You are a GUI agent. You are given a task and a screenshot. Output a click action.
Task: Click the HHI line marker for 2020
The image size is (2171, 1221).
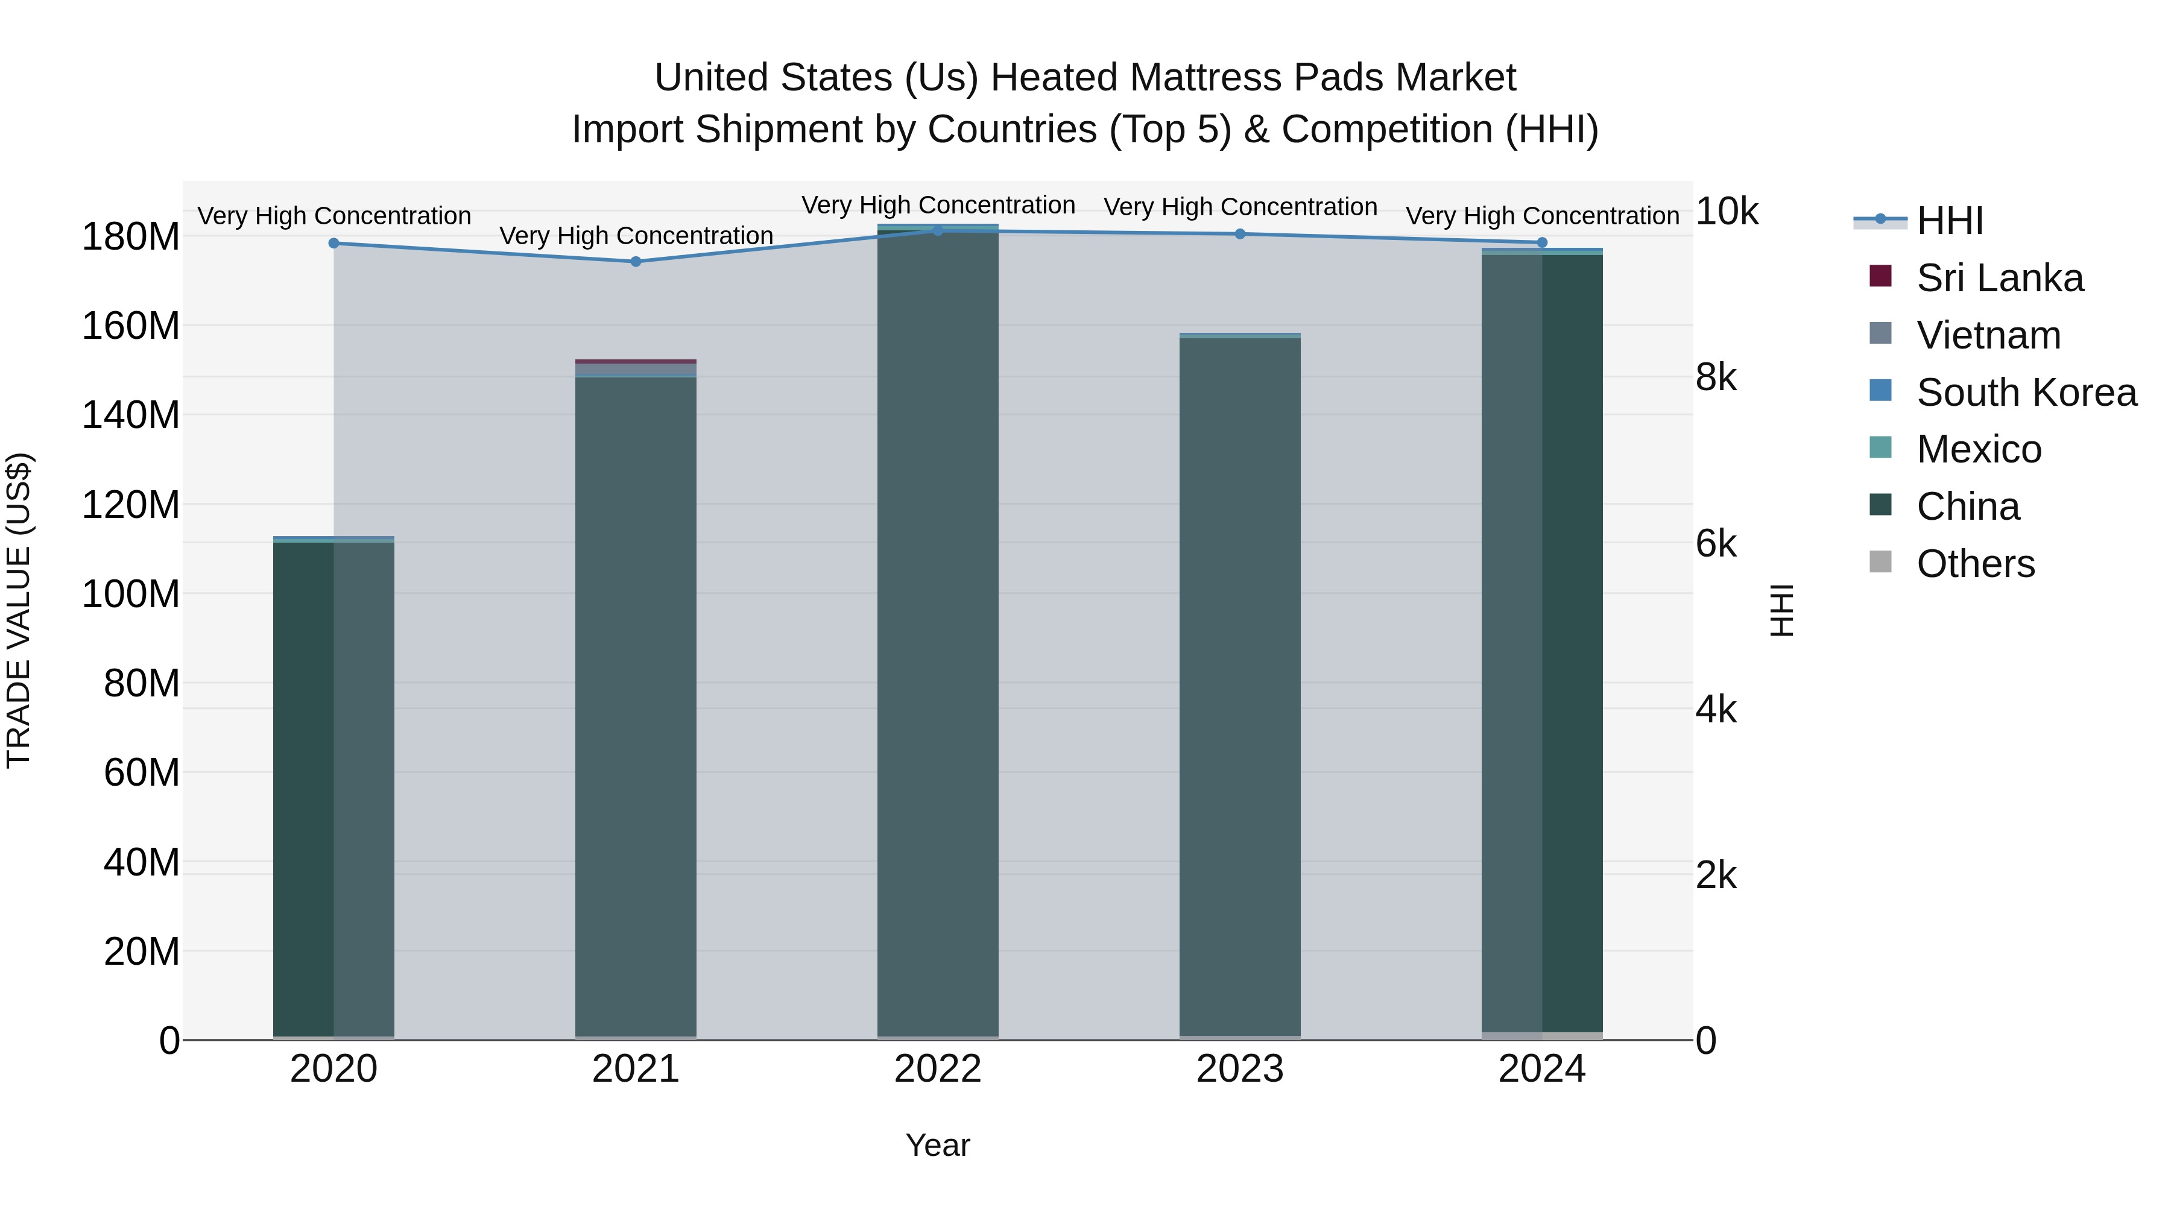pos(333,244)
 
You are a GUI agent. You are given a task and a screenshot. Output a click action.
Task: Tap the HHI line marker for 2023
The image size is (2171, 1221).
pos(1240,235)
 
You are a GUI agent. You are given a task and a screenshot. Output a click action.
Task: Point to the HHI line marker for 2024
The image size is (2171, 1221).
pos(1542,242)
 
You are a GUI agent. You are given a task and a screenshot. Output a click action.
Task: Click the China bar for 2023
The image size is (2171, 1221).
pos(1240,687)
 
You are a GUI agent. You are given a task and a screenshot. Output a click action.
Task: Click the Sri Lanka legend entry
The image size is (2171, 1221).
pos(1999,278)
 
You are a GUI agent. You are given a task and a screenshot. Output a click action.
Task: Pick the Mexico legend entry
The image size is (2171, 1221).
pos(1978,449)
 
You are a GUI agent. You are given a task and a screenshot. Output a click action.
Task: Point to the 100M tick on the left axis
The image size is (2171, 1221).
pos(131,594)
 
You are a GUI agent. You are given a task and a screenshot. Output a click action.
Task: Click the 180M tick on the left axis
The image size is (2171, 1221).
pos(131,237)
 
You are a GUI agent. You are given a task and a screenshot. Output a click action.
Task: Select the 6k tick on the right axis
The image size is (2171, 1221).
pos(1716,543)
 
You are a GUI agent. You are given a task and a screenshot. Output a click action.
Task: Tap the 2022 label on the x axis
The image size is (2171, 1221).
pos(937,1069)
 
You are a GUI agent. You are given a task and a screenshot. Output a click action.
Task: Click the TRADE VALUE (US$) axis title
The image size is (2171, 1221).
pos(19,610)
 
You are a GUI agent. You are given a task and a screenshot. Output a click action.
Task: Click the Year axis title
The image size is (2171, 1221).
pos(937,1146)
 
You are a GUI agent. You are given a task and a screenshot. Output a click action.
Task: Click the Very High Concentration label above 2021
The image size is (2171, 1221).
pos(636,236)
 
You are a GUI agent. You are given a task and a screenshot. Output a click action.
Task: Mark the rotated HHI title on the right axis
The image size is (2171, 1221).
pos(1781,610)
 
